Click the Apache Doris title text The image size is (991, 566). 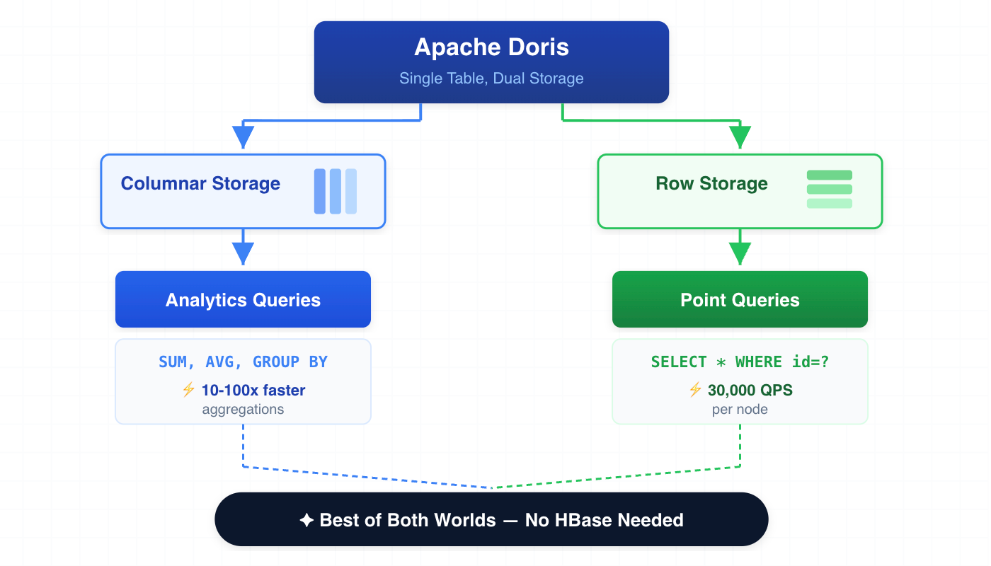point(491,47)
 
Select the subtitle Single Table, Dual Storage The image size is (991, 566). point(491,79)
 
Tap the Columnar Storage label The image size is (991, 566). point(200,184)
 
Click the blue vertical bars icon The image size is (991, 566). point(336,191)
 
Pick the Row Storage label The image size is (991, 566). point(711,184)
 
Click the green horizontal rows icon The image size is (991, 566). point(830,190)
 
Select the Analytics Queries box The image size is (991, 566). point(243,300)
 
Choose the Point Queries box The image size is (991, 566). point(740,300)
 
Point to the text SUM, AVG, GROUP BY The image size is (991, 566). point(243,362)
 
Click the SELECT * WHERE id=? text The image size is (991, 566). point(740,362)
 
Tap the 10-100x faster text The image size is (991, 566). point(253,391)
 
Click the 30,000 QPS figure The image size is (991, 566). point(750,391)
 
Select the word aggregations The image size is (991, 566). point(243,410)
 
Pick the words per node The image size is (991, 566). point(740,410)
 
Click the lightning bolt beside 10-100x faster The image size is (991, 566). point(188,390)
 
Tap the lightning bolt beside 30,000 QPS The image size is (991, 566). point(695,390)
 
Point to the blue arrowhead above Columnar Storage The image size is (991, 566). point(243,137)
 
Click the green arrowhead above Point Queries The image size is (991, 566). point(740,253)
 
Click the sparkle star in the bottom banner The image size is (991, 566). point(307,521)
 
